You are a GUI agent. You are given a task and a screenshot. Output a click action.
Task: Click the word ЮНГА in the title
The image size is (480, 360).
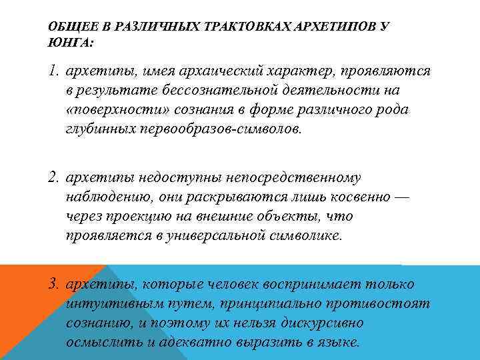coord(69,41)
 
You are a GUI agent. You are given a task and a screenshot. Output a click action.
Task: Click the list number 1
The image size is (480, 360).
coord(53,71)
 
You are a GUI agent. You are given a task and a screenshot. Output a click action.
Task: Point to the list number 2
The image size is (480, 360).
coord(54,178)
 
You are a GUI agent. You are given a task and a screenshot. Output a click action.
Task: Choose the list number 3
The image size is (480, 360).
coord(54,285)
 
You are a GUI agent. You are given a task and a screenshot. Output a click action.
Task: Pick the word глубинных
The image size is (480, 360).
coord(99,129)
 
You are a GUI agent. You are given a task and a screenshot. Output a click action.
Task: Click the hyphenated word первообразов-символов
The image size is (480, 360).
coord(219,129)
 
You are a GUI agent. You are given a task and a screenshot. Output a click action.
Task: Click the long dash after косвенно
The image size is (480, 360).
coord(403,197)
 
